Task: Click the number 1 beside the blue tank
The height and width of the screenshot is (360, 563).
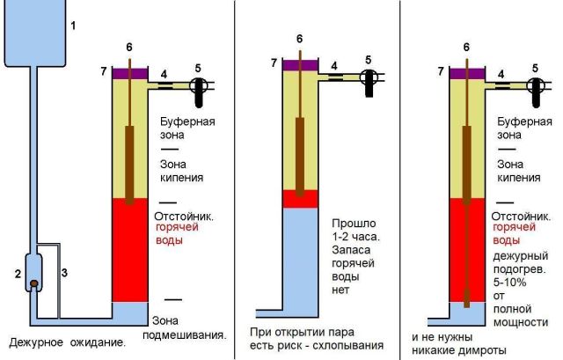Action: pos(73,26)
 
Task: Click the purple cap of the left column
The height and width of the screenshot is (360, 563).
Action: pos(128,73)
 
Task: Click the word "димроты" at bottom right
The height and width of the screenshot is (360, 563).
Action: pos(482,350)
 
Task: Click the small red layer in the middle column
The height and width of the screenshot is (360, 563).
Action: pos(300,199)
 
